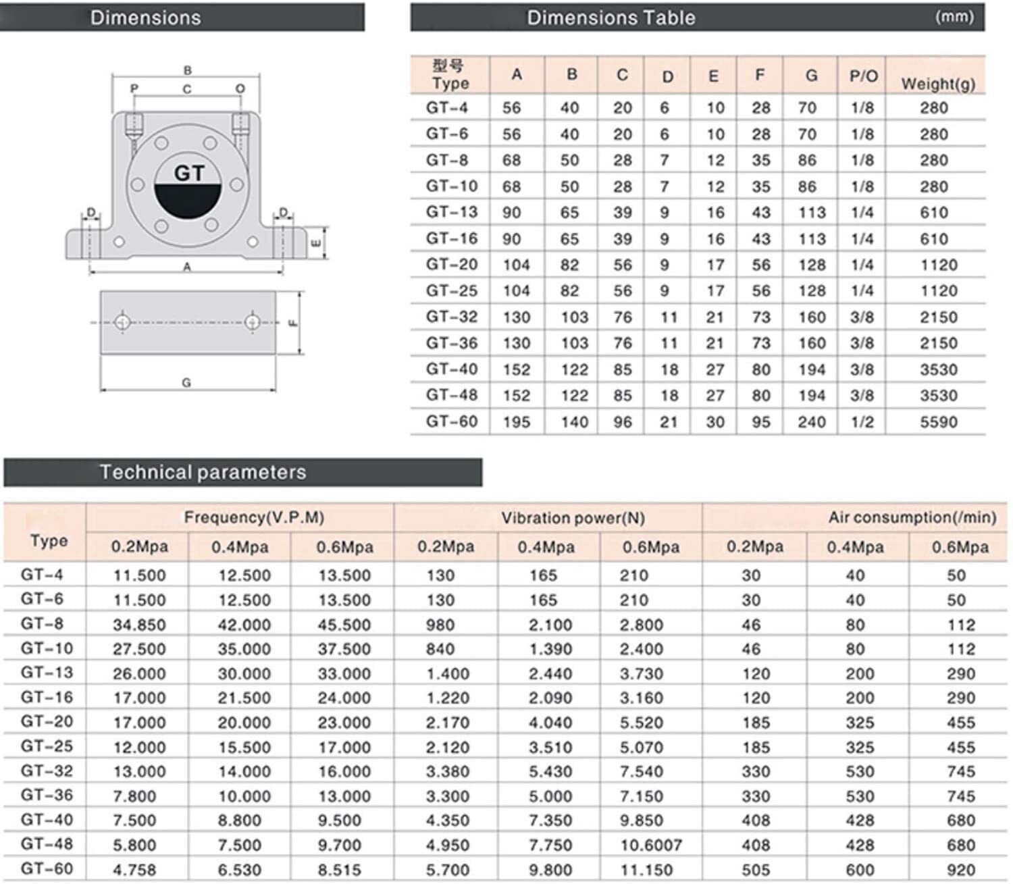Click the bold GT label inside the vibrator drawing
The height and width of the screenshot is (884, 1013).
pos(188,174)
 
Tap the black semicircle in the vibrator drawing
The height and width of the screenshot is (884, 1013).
pos(188,203)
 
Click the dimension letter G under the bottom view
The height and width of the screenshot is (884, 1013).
pos(186,382)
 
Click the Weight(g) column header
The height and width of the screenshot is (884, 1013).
pos(938,84)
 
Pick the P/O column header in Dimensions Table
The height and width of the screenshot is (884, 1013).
pos(863,76)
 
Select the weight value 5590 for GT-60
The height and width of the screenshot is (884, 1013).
pos(938,422)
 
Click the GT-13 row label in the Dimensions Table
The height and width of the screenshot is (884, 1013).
pos(451,212)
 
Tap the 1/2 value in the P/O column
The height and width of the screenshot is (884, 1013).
pos(862,422)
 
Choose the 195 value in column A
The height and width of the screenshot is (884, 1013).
pos(516,422)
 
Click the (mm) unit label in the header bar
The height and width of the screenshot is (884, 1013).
pos(954,17)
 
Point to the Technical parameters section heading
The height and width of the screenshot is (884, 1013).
pos(203,472)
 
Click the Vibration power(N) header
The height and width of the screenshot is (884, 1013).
pos(573,518)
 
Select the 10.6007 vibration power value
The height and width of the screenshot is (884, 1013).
pos(650,845)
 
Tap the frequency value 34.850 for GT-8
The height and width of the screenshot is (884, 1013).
pos(139,625)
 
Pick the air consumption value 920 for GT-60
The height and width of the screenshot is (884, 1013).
pos(960,870)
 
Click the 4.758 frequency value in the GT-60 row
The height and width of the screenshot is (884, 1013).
pos(134,870)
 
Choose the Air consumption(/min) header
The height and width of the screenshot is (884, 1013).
pos(912,517)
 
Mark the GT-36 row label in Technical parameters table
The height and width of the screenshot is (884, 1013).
pos(47,795)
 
